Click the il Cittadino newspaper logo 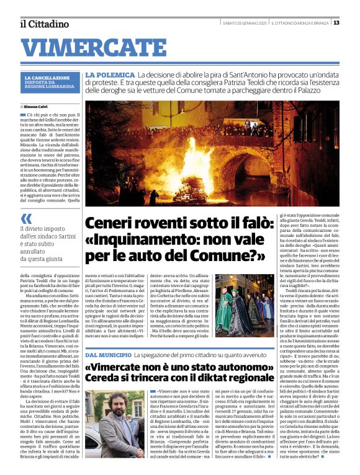[x=44, y=24]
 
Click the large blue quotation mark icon [x=26, y=218]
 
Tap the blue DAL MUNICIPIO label [x=107, y=354]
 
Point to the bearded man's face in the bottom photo [x=114, y=404]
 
